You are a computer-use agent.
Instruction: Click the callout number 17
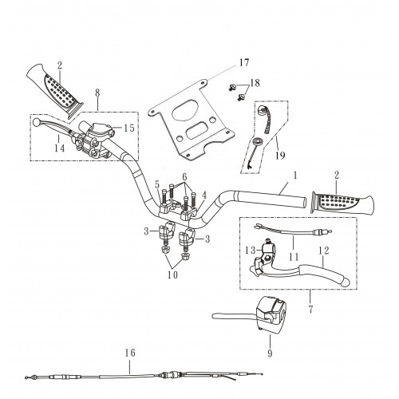[x=243, y=63]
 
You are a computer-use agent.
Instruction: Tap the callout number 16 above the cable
[x=130, y=353]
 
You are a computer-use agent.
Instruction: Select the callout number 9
[x=270, y=354]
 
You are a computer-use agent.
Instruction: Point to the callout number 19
[x=280, y=155]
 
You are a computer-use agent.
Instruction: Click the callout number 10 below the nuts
[x=172, y=275]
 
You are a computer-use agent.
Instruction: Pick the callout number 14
[x=60, y=148]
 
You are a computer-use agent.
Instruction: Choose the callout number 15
[x=129, y=128]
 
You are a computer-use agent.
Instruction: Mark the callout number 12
[x=324, y=251]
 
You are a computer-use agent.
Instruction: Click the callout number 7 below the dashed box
[x=310, y=309]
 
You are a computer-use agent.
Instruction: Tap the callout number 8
[x=97, y=93]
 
